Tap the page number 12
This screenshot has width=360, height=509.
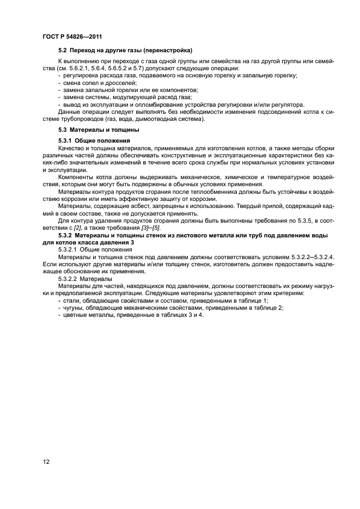pos(46,462)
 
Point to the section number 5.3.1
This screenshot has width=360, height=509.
pos(66,141)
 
